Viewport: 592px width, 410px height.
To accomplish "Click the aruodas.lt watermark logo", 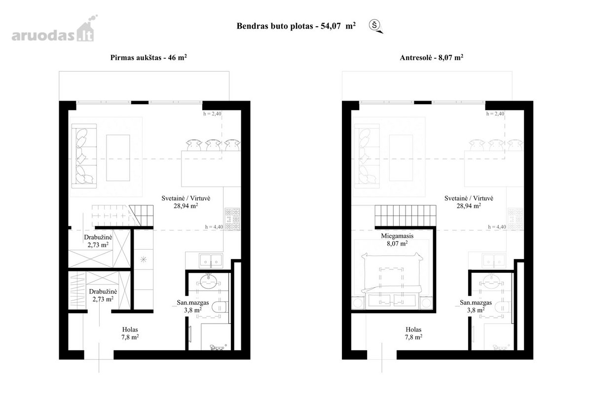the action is point(54,29).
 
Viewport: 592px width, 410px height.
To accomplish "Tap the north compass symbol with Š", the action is point(375,26).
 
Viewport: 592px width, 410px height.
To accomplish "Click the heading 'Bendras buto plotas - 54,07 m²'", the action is point(296,26).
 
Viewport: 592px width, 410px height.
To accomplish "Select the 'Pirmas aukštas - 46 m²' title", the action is point(148,57).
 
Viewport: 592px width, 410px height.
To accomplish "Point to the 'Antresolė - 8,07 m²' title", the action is point(431,57).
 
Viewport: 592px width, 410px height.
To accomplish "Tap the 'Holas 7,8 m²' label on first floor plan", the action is point(130,333).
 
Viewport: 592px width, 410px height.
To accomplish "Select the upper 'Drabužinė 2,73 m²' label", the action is point(98,241).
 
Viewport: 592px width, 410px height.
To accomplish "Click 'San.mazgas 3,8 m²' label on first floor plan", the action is point(193,306).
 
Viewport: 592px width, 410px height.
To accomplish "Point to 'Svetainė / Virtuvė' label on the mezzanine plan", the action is point(469,198).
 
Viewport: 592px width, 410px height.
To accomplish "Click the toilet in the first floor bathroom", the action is point(220,307).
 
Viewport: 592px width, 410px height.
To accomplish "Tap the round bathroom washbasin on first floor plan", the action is point(209,281).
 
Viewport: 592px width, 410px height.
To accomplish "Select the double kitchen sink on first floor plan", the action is point(211,260).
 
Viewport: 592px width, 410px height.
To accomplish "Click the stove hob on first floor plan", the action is point(232,219).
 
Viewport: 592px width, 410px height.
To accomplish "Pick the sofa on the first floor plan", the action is point(84,156).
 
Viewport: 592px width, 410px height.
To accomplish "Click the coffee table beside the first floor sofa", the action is point(118,158).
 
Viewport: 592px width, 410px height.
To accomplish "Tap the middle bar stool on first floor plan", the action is point(214,145).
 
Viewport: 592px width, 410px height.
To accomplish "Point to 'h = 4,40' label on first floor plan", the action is point(214,227).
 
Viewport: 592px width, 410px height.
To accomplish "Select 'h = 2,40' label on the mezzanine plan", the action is point(495,113).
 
